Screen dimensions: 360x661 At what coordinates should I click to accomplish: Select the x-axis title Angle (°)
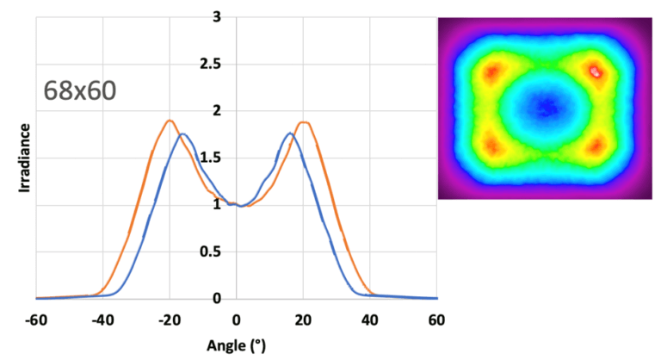(236, 347)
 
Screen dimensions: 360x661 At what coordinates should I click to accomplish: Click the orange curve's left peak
(170, 121)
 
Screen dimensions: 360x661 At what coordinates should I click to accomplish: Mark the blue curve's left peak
(182, 134)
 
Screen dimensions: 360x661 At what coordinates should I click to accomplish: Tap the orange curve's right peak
(303, 122)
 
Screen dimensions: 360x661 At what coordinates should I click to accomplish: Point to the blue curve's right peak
(290, 133)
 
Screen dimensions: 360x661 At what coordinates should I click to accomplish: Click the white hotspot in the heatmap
(595, 71)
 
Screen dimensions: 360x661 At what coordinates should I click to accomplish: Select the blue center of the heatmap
(545, 108)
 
